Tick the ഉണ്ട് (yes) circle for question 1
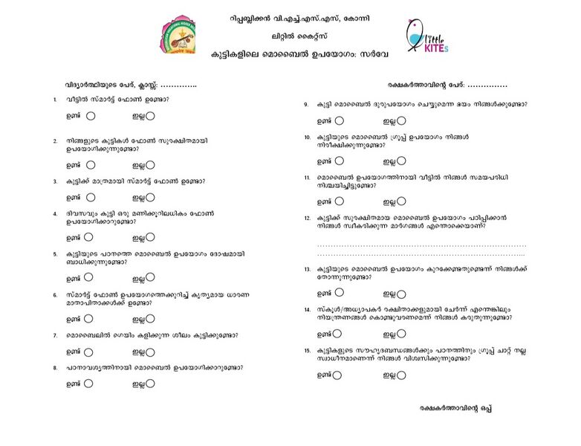pyautogui.click(x=91, y=116)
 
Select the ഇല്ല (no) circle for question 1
pyautogui.click(x=150, y=116)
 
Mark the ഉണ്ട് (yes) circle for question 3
pyautogui.click(x=91, y=198)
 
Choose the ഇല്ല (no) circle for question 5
pyautogui.click(x=150, y=278)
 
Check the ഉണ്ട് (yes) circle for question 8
pyautogui.click(x=88, y=384)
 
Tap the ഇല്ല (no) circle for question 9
pyautogui.click(x=401, y=120)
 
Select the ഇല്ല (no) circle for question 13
pyautogui.click(x=401, y=294)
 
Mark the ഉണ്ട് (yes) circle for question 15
pyautogui.click(x=337, y=375)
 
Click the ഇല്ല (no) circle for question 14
pyautogui.click(x=401, y=334)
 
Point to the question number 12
pyautogui.click(x=306, y=218)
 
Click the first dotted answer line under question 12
pyautogui.click(x=421, y=244)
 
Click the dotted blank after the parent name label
pyautogui.click(x=487, y=85)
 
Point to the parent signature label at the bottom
pyautogui.click(x=455, y=408)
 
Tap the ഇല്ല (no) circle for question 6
pyautogui.click(x=150, y=319)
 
